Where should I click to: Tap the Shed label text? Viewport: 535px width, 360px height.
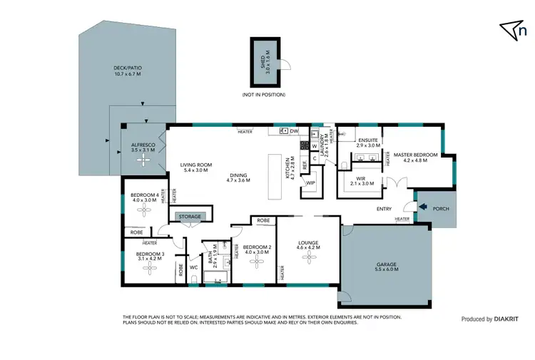click(267, 62)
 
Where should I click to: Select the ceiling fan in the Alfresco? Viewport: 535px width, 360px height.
click(143, 160)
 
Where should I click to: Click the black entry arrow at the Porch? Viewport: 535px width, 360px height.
click(425, 207)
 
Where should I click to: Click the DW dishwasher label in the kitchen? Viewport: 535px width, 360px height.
click(294, 131)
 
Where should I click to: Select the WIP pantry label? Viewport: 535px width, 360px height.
click(310, 183)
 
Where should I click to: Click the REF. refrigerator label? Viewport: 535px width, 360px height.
click(305, 165)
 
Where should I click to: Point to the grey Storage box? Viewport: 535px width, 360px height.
click(190, 217)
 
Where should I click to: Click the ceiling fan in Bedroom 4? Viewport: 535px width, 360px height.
click(143, 208)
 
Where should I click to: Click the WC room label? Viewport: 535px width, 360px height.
click(193, 267)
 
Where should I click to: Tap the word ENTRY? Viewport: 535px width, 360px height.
click(384, 208)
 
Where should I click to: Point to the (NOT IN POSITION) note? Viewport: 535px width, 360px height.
click(264, 95)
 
